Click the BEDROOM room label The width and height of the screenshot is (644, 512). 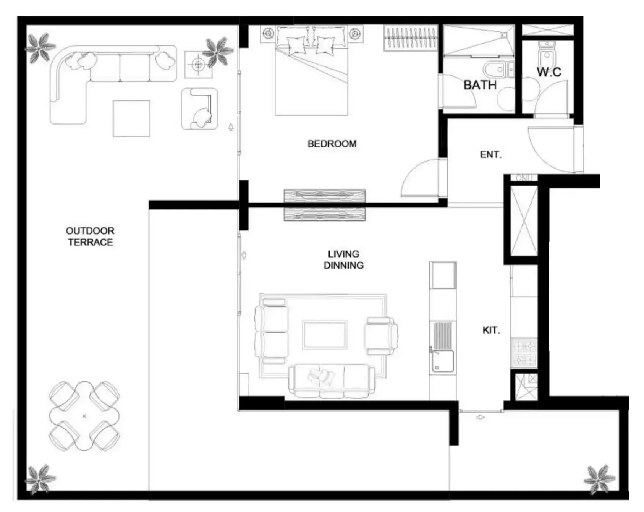point(332,144)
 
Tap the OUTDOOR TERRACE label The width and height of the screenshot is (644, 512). point(90,237)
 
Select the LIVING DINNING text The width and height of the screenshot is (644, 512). point(343,260)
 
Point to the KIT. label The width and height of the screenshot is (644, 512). point(491,330)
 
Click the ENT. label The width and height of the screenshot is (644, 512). point(490,155)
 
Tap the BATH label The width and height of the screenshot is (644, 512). point(480,85)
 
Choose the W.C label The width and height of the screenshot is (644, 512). point(549,72)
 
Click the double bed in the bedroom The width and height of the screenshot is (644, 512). point(311,70)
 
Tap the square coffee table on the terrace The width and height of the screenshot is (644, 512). point(131,118)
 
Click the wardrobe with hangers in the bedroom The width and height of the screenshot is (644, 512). point(410,37)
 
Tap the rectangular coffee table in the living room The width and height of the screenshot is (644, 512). point(325,335)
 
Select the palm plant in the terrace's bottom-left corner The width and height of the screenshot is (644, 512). point(40,478)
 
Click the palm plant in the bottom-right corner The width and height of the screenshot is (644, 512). point(599,479)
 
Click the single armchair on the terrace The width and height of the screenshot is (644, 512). point(199,109)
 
